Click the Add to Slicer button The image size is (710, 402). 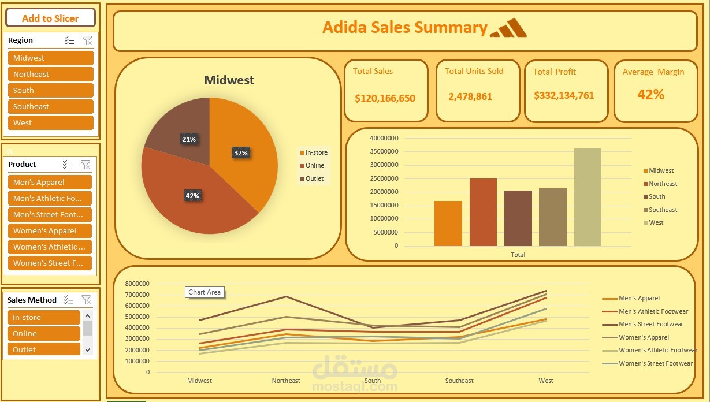tap(50, 18)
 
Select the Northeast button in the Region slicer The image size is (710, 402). tap(50, 74)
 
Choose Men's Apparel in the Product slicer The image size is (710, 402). tap(50, 182)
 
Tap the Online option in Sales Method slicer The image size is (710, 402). tap(44, 333)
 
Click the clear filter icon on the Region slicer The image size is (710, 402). tap(87, 40)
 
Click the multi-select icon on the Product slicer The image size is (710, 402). tap(68, 165)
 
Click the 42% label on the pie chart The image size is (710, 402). tap(192, 196)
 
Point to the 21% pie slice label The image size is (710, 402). tap(189, 139)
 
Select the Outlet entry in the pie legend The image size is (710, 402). tap(314, 178)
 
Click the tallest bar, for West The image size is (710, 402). tap(588, 196)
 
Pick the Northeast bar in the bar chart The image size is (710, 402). tap(483, 212)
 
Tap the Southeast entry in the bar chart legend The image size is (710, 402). tap(663, 210)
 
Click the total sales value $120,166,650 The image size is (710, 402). tap(385, 98)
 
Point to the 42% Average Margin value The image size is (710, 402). tap(650, 95)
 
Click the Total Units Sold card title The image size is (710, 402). tap(474, 71)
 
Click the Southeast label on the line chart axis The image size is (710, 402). tap(459, 381)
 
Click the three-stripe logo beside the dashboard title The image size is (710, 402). tap(508, 28)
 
